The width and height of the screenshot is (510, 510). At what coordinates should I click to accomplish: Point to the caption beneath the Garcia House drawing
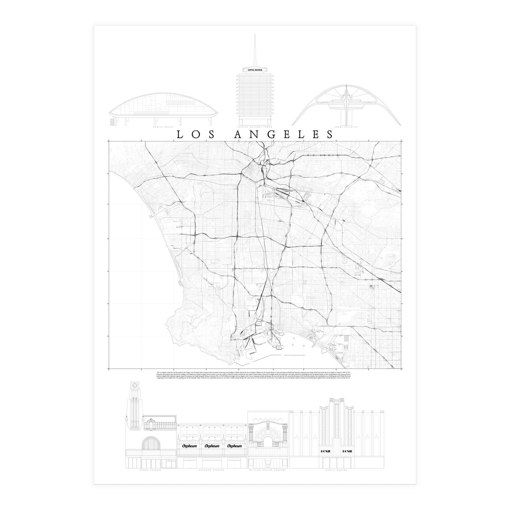click(164, 127)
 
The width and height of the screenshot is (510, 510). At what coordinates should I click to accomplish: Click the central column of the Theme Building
click(347, 108)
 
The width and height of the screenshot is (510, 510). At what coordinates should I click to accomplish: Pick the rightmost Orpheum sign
click(235, 446)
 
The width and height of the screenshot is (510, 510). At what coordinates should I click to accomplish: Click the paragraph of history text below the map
click(255, 375)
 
